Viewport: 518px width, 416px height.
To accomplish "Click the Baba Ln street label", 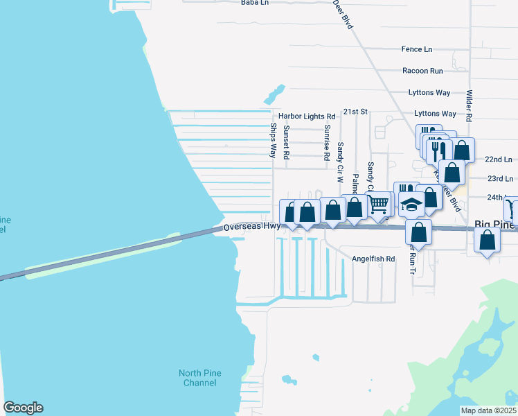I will tap(254, 3).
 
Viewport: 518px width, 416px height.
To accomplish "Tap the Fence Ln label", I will tap(417, 49).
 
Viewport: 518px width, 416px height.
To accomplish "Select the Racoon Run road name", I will tap(422, 71).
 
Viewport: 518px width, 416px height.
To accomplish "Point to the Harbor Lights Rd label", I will tap(307, 116).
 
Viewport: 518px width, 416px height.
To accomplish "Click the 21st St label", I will tap(355, 111).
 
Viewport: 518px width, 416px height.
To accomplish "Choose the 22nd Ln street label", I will tap(499, 159).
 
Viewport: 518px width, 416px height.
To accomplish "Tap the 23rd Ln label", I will tap(499, 178).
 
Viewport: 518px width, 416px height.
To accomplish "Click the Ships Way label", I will tap(274, 140).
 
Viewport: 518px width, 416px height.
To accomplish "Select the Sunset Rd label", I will tap(286, 142).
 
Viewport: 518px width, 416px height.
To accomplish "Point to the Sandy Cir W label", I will tap(340, 162).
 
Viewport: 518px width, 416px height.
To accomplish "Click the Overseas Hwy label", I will tap(252, 226).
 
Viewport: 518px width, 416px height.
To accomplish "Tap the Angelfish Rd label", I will tap(373, 259).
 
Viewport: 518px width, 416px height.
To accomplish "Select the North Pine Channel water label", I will tap(200, 378).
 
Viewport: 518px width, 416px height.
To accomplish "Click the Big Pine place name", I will tap(495, 225).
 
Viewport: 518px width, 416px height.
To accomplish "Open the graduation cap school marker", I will tap(412, 205).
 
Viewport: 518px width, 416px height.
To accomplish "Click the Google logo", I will tap(23, 408).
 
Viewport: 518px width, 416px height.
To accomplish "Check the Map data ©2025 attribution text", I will tap(488, 410).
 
